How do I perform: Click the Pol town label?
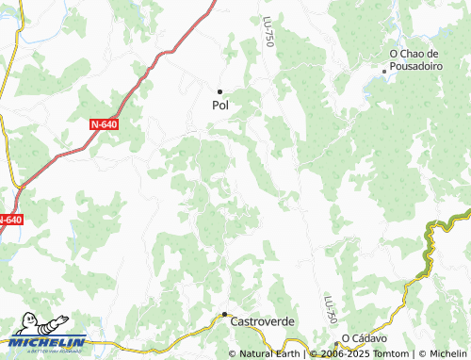219,106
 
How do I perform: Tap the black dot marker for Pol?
219,91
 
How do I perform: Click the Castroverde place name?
263,321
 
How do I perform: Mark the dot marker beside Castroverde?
224,314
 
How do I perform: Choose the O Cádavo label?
364,338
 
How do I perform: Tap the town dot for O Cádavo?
336,341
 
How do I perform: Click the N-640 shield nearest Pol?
106,123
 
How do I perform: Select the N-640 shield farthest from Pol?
8,220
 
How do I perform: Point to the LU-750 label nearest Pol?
269,35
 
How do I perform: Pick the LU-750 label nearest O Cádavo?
330,307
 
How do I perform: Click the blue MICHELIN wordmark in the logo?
48,342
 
